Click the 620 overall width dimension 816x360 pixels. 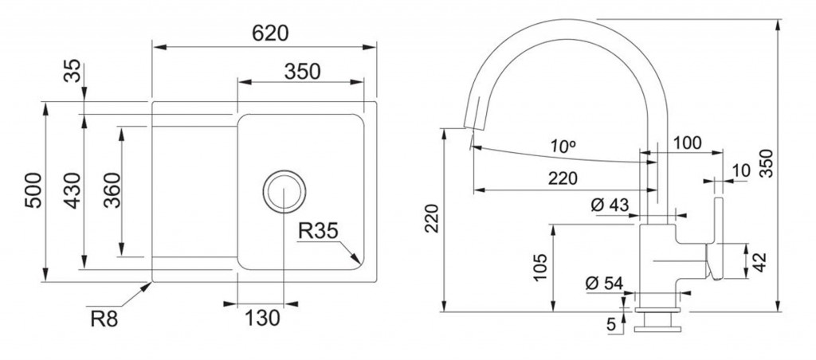tap(270, 33)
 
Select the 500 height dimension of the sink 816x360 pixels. tap(33, 190)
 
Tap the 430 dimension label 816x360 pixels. tap(73, 190)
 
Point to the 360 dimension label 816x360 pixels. tap(112, 190)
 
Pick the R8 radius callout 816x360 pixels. tap(104, 319)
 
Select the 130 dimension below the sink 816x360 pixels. tap(262, 318)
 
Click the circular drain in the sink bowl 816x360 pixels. tap(284, 191)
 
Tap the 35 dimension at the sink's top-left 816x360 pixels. tap(73, 71)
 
